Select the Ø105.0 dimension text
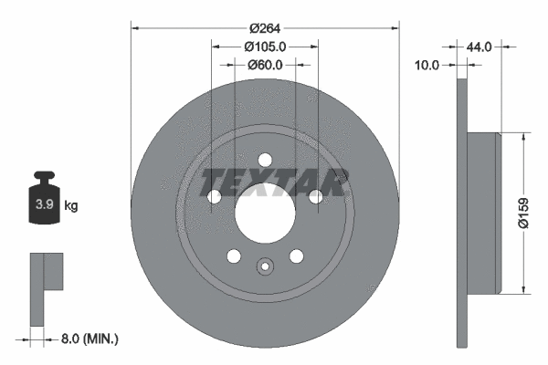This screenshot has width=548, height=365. tap(266, 47)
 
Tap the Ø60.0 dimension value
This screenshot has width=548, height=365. tap(265, 65)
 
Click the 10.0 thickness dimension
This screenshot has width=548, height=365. tap(427, 65)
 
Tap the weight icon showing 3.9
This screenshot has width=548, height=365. tap(44, 202)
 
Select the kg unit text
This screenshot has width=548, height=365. tap(71, 207)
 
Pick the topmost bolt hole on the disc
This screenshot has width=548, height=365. tap(265, 158)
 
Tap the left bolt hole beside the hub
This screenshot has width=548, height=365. tap(216, 196)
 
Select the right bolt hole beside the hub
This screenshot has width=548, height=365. tap(315, 196)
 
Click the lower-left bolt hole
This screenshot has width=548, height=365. tap(234, 256)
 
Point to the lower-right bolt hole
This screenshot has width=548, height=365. tap(296, 256)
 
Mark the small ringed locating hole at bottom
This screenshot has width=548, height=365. tap(265, 267)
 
